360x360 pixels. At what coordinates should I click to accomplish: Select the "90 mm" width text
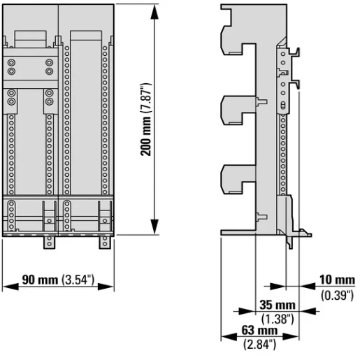40,281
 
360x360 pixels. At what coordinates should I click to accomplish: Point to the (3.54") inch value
77,281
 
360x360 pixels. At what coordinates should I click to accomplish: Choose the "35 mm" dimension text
275,306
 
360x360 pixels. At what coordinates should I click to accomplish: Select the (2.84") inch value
259,343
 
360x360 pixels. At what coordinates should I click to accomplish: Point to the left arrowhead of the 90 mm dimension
6,286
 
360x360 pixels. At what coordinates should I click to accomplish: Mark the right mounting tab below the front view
105,242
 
